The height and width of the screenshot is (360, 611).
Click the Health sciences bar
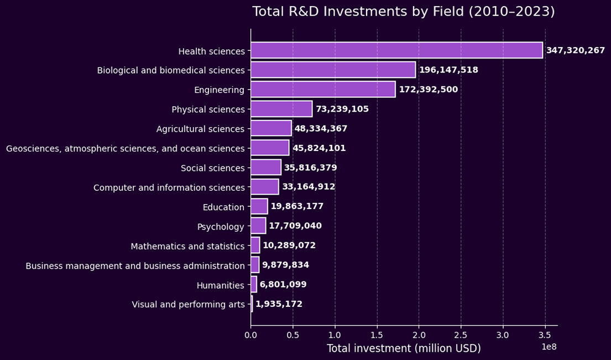pyautogui.click(x=396, y=50)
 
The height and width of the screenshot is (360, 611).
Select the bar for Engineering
pyautogui.click(x=323, y=90)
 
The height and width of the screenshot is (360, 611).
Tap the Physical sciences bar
pyautogui.click(x=281, y=109)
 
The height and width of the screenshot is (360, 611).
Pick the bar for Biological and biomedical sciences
pyautogui.click(x=333, y=70)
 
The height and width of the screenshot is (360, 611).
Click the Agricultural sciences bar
pyautogui.click(x=271, y=128)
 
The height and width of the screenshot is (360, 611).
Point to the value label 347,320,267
pyautogui.click(x=575, y=50)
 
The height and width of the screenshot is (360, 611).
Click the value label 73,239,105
pyautogui.click(x=342, y=109)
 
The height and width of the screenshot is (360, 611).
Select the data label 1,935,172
pyautogui.click(x=279, y=304)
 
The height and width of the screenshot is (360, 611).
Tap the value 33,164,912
pyautogui.click(x=309, y=187)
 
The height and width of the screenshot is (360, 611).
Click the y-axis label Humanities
pyautogui.click(x=220, y=285)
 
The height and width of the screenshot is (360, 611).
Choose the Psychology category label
pyautogui.click(x=221, y=227)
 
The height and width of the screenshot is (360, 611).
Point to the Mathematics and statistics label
pyautogui.click(x=187, y=246)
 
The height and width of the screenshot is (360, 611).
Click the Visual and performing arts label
pyautogui.click(x=188, y=304)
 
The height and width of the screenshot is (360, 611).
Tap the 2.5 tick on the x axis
pyautogui.click(x=461, y=335)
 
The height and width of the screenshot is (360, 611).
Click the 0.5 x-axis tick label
pyautogui.click(x=293, y=335)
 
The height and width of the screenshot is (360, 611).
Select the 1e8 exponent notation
pyautogui.click(x=549, y=347)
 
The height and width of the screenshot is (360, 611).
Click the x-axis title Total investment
pyautogui.click(x=404, y=348)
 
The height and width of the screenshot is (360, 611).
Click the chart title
pyautogui.click(x=403, y=12)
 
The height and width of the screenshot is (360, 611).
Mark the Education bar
pyautogui.click(x=259, y=207)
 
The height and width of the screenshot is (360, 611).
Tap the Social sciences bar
pyautogui.click(x=265, y=168)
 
